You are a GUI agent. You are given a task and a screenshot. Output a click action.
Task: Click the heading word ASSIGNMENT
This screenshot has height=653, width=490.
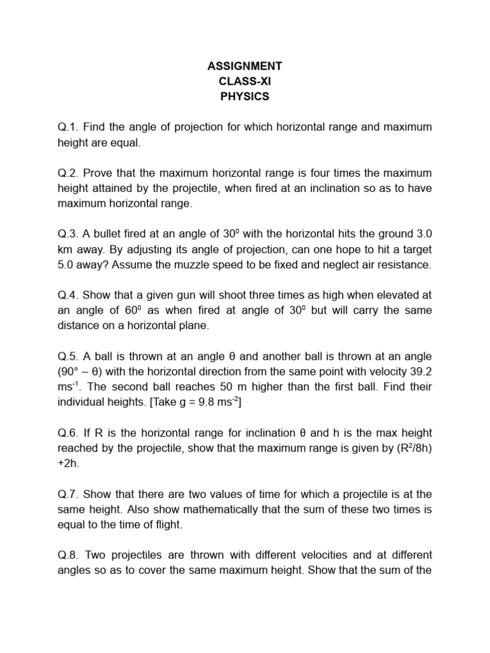point(244,66)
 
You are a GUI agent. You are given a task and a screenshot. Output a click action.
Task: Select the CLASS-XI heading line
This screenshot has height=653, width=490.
point(244,82)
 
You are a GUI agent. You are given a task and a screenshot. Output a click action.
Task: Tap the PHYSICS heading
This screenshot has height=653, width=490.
point(244,97)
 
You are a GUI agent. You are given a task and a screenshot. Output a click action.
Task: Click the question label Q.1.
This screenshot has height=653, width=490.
point(68,128)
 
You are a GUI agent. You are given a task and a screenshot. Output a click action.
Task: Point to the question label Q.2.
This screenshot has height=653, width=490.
point(68,173)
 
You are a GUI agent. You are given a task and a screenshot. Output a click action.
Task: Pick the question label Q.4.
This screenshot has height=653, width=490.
point(68,295)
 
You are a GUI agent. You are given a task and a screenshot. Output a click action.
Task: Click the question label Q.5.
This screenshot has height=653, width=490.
point(68,356)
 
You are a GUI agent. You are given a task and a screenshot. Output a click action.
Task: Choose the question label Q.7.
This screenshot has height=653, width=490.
point(68,494)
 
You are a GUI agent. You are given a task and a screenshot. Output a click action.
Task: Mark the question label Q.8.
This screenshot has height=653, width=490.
point(68,555)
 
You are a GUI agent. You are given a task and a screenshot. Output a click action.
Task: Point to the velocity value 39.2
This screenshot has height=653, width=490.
point(421,372)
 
